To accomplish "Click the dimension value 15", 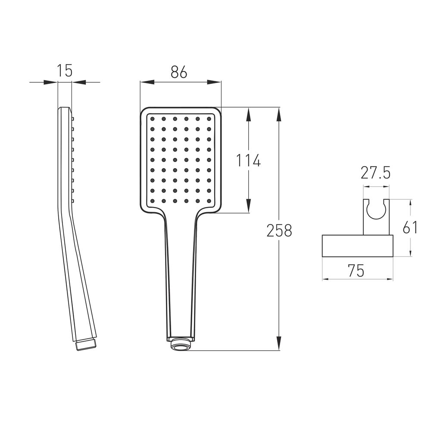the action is click(65, 71).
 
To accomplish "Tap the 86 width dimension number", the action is click(179, 72).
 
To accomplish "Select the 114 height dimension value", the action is click(248, 160).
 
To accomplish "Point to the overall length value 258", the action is click(279, 230).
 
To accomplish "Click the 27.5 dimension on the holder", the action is click(375, 173).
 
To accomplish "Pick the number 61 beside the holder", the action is click(410, 227).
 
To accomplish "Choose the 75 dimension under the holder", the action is click(356, 270).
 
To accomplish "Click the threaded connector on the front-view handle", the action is click(181, 344).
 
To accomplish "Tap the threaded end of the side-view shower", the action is click(86, 345).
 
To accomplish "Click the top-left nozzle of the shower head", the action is click(152, 119).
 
